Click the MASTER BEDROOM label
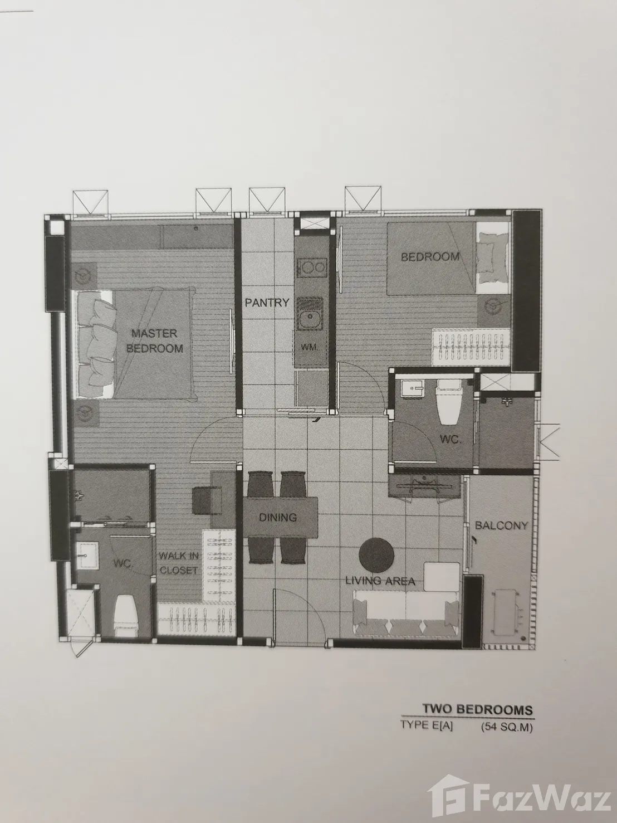154,341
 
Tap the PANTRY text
267,302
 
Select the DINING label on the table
278,518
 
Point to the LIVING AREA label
380,581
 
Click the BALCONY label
501,525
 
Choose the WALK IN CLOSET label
179,563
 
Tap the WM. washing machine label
310,348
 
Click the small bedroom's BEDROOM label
430,257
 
